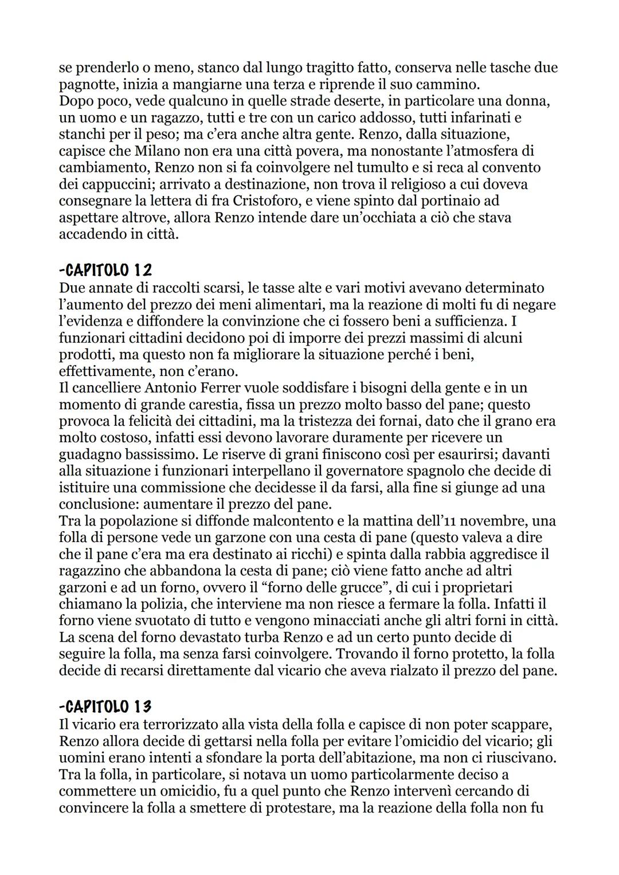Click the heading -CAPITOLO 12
pos(105,269)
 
